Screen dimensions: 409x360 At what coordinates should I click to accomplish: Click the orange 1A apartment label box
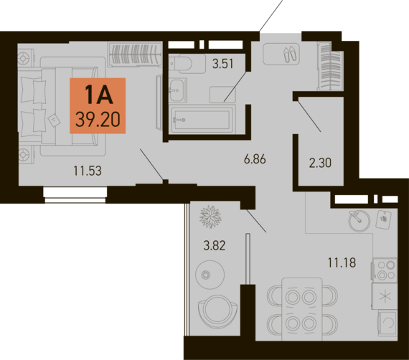coord(98,105)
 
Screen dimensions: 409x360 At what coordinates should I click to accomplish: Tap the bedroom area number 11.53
coord(88,171)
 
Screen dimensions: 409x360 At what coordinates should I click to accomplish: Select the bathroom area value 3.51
coord(222,64)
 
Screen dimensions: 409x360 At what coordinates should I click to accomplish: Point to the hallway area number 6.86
coord(255,159)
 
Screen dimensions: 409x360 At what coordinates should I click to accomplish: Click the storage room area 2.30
coord(320,163)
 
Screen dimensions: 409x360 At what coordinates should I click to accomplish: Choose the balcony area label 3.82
coord(215,245)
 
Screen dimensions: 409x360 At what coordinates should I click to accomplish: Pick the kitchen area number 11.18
coord(342,262)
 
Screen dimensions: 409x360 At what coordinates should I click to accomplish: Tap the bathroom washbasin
coord(178,90)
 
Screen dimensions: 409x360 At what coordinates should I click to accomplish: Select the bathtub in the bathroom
coord(202,119)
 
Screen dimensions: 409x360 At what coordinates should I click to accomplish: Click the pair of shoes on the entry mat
coord(290,54)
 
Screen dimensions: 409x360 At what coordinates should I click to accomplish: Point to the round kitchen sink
coord(359,221)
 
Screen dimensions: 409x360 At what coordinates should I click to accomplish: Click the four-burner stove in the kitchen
coord(385,270)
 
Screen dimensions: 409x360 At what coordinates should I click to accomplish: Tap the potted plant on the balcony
coord(210,217)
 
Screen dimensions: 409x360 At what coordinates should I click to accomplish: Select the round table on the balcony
coord(210,275)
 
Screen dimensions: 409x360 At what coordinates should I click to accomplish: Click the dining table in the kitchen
coord(302,309)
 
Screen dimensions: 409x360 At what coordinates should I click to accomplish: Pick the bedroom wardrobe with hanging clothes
coord(135,54)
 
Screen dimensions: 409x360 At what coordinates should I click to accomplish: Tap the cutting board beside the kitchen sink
coord(383,219)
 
